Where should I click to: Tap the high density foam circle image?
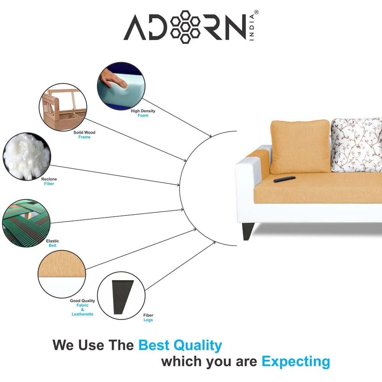(x=121, y=86)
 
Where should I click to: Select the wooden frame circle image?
(x=63, y=107)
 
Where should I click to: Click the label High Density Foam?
(x=143, y=113)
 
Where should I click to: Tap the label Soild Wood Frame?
(x=84, y=135)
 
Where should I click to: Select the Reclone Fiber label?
(x=49, y=181)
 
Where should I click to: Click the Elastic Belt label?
(x=52, y=243)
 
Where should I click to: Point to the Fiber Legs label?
(x=148, y=317)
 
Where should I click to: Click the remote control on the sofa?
(x=284, y=179)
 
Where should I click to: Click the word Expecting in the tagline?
(x=296, y=361)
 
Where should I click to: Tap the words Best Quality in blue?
(x=180, y=345)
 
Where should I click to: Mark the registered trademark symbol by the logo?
(x=256, y=12)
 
